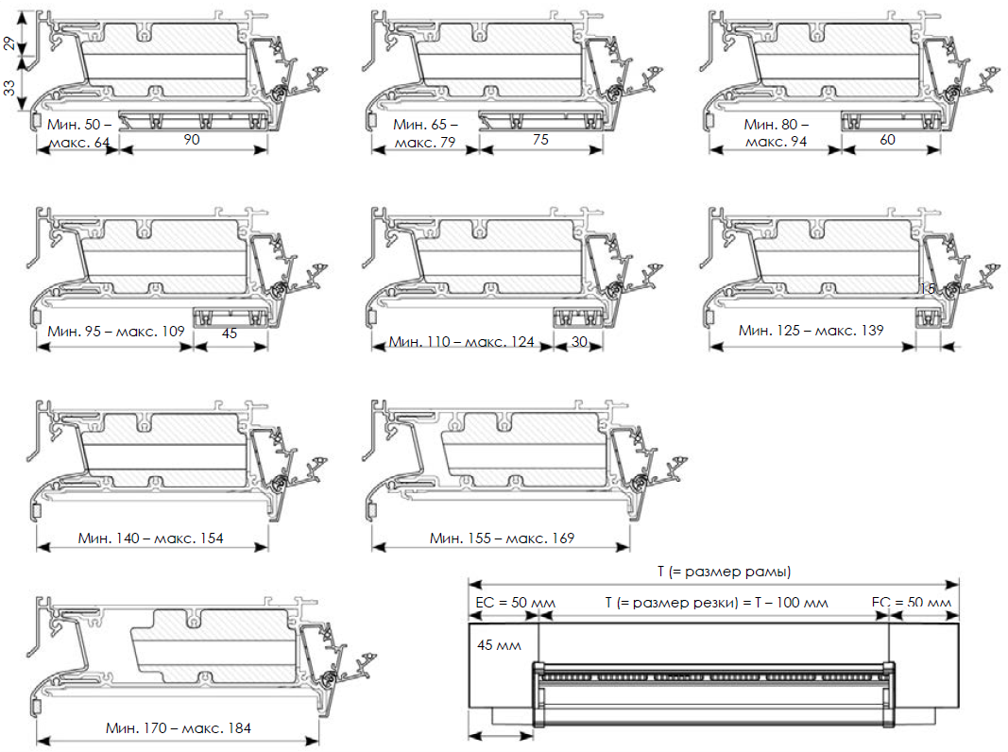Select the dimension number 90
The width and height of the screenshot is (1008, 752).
pyautogui.click(x=192, y=140)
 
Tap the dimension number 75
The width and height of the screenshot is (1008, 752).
pyautogui.click(x=540, y=140)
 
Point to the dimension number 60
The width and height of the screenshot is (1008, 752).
pyautogui.click(x=889, y=140)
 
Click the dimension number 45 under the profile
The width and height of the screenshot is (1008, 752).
pyautogui.click(x=229, y=333)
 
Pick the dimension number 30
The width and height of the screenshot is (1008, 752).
pyautogui.click(x=579, y=341)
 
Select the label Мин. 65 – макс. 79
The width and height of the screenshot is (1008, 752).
pyautogui.click(x=426, y=132)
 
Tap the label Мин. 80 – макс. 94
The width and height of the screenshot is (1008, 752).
pyautogui.click(x=776, y=132)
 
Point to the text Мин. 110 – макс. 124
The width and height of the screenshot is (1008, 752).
pyautogui.click(x=462, y=341)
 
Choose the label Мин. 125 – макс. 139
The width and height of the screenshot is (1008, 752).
pyautogui.click(x=812, y=330)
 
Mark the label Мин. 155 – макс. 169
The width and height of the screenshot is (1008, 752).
pyautogui.click(x=502, y=538)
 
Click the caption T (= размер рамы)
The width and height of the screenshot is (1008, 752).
pyautogui.click(x=724, y=572)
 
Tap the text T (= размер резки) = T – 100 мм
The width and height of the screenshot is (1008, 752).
pyautogui.click(x=716, y=603)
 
